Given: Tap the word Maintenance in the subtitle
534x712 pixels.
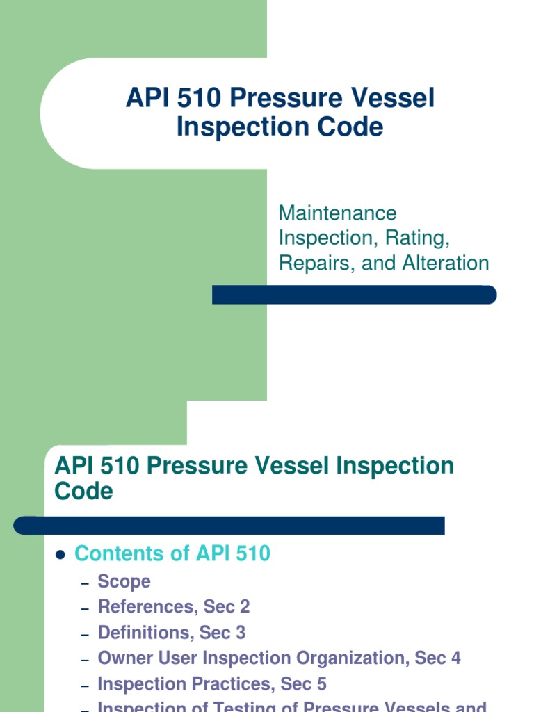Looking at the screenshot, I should pos(337,213).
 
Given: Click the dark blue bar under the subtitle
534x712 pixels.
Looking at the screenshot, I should pos(354,295).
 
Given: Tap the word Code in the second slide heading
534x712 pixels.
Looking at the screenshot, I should pos(83,491).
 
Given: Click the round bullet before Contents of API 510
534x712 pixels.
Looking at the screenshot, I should pos(60,555).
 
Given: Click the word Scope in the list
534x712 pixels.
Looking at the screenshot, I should pos(124,581).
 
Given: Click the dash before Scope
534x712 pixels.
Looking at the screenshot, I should pos(85,583).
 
